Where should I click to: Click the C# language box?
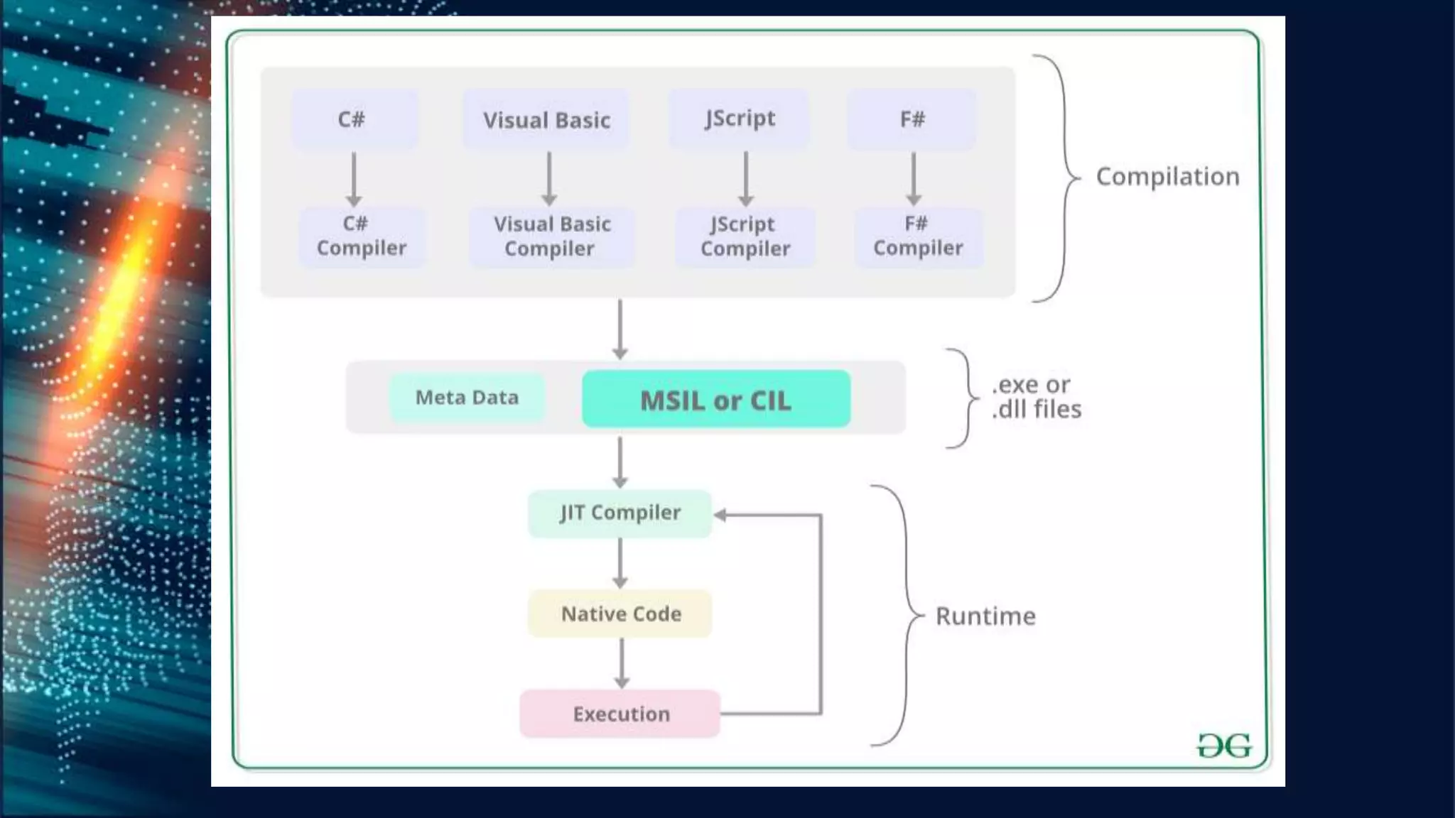click(x=354, y=119)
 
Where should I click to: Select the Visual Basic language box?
click(x=546, y=119)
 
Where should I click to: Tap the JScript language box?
click(x=739, y=119)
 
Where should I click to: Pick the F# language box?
click(x=912, y=119)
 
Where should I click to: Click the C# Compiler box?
click(x=361, y=236)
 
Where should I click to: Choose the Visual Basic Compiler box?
click(x=551, y=236)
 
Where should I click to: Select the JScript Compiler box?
click(x=745, y=236)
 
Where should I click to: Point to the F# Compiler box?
click(x=918, y=236)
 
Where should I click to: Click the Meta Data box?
click(x=467, y=398)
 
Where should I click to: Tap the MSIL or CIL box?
click(x=715, y=399)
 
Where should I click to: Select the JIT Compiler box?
click(x=620, y=513)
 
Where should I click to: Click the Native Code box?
click(x=620, y=613)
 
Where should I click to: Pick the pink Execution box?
click(x=620, y=714)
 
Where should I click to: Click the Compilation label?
click(x=1167, y=176)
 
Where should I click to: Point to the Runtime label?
click(x=985, y=616)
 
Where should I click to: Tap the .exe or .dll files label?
click(x=1036, y=397)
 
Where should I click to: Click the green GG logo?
click(x=1223, y=746)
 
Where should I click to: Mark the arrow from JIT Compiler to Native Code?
click(x=620, y=562)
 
